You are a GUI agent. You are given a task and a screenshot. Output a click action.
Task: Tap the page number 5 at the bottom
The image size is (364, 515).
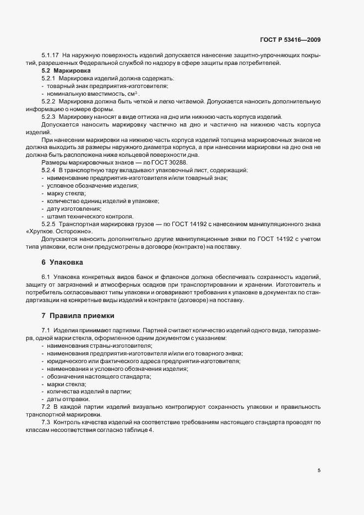319,470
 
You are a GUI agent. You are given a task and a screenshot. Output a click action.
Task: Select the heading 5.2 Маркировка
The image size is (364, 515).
62,72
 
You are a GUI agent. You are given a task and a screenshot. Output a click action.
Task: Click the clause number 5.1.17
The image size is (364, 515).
51,56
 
